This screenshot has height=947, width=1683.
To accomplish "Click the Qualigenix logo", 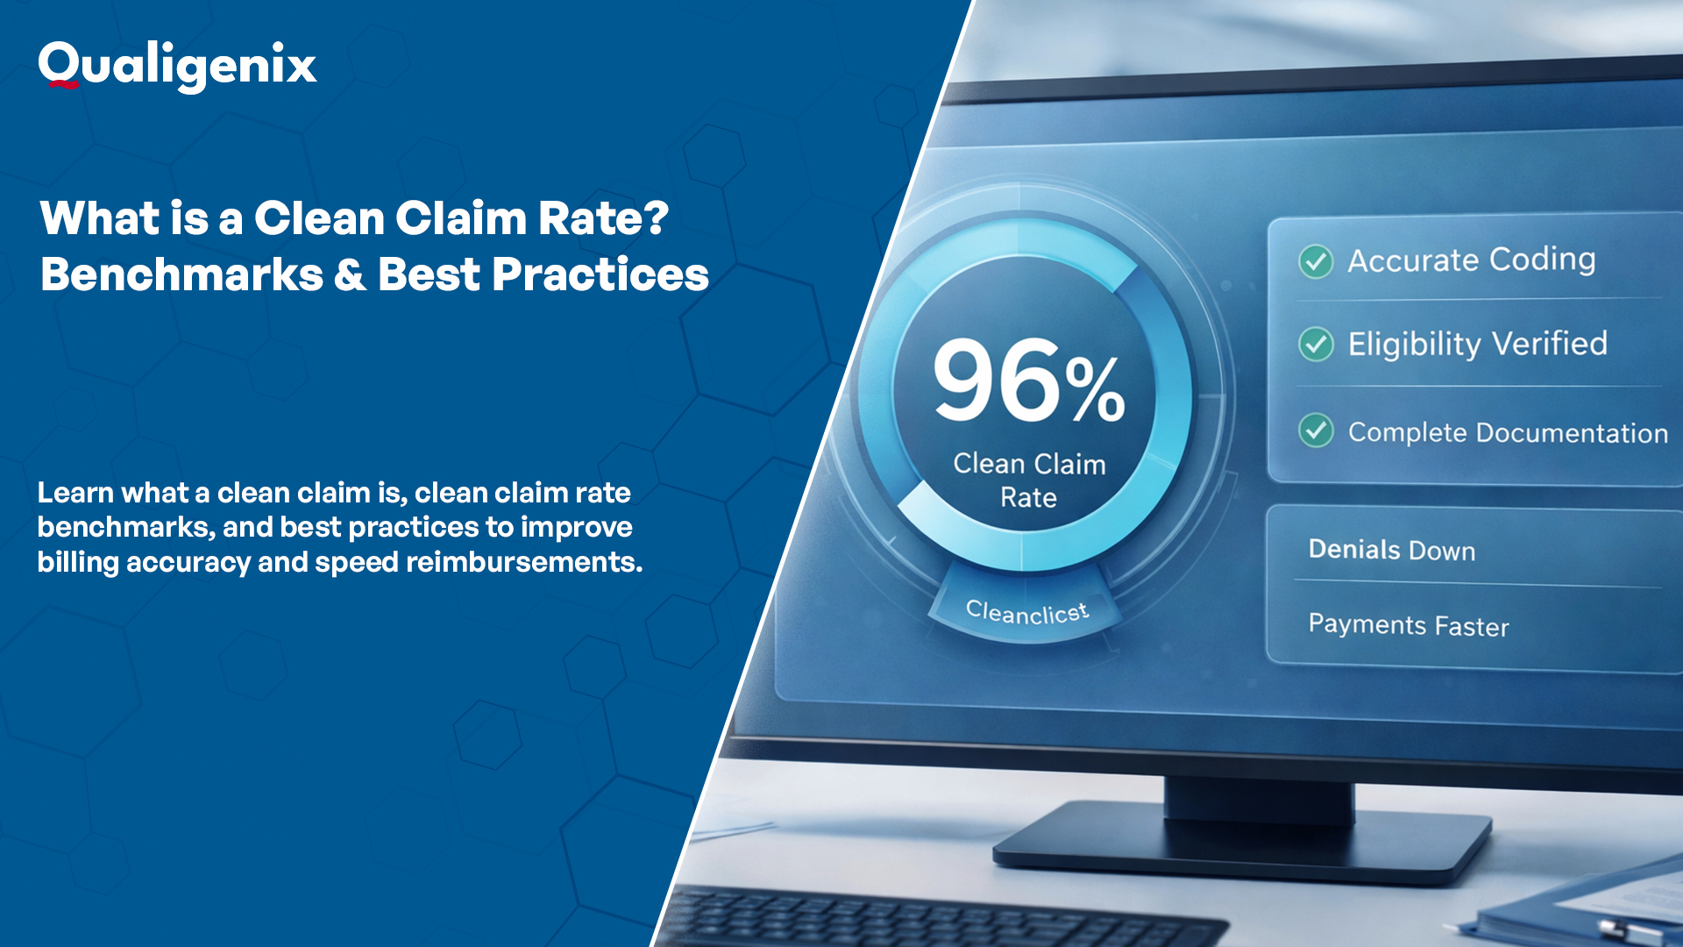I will [x=177, y=66].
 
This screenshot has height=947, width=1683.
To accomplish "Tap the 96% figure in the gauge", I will [x=1027, y=382].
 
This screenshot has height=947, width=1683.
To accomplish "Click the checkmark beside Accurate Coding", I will [x=1316, y=260].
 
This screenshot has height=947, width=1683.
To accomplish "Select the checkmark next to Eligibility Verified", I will [x=1316, y=344].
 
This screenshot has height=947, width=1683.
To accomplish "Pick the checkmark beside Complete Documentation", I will [x=1316, y=431].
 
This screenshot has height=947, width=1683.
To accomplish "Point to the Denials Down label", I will [x=1391, y=550].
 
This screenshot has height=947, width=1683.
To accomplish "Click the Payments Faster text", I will [x=1408, y=624].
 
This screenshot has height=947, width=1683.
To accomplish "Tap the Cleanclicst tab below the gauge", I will [x=1026, y=611].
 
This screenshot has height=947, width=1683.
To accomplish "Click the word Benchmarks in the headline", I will [x=181, y=274].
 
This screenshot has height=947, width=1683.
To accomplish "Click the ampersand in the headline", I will [x=350, y=274].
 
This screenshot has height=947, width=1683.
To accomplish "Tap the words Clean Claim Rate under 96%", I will [x=1029, y=480].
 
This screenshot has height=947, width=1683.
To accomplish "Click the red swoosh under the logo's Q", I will [x=63, y=84].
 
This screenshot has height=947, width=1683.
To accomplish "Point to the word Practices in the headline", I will [x=600, y=274].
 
